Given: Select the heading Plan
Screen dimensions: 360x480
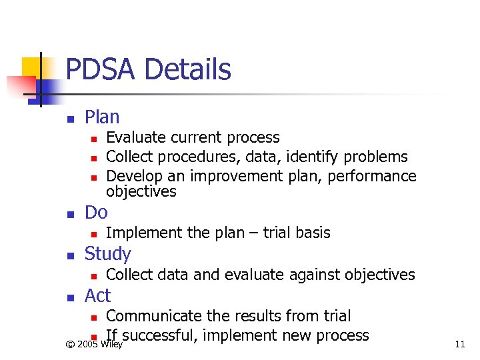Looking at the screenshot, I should [x=102, y=117].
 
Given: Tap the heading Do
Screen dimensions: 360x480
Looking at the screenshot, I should [x=96, y=213].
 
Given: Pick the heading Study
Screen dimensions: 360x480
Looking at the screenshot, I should [x=107, y=254].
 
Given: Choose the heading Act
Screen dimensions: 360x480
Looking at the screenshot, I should [x=97, y=295].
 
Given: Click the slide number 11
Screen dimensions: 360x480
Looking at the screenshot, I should [x=459, y=344].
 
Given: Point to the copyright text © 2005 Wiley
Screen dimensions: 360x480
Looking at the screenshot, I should [x=94, y=344].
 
